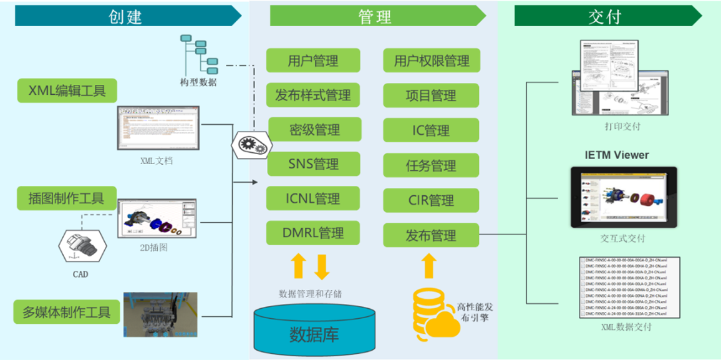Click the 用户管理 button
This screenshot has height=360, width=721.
click(x=313, y=61)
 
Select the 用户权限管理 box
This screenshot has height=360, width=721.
click(x=431, y=61)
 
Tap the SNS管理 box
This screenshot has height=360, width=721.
click(x=314, y=164)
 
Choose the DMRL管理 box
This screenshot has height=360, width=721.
click(x=314, y=233)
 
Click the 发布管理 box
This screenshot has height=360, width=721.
click(x=431, y=235)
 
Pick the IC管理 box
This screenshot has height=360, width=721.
click(x=431, y=130)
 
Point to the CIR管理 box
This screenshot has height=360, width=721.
click(x=431, y=200)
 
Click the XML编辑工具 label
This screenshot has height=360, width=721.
click(x=67, y=91)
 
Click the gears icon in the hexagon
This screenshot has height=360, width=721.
click(x=251, y=145)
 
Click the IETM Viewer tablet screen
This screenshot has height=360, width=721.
click(x=623, y=197)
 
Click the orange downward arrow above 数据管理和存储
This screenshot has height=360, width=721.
click(x=321, y=266)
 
